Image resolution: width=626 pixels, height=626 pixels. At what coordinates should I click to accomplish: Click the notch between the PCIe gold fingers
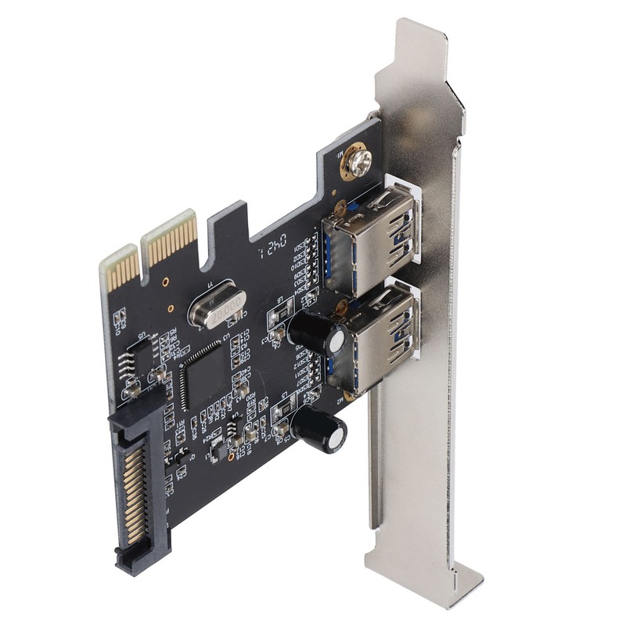tap(143, 252)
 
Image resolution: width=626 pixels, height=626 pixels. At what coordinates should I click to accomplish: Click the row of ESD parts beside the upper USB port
tap(308, 262)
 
